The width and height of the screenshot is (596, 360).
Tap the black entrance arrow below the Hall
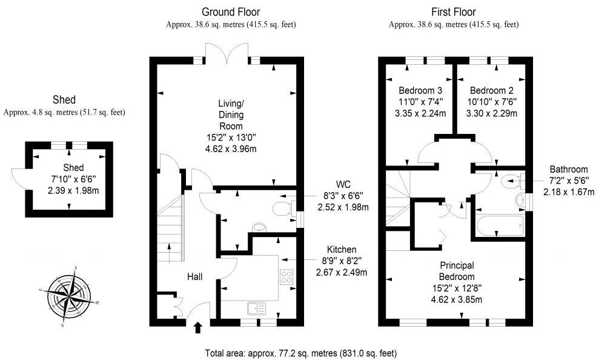tap(197, 328)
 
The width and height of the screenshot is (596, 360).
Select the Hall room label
tap(194, 276)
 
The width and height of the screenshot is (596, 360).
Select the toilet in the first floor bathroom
tap(512, 179)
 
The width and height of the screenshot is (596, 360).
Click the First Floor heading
tap(453, 12)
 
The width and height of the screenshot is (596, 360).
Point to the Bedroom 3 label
tap(417, 90)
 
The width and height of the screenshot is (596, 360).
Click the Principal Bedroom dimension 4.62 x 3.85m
tap(456, 299)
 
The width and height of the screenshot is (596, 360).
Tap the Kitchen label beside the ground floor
tap(342, 250)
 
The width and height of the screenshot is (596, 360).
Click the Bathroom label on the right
tap(569, 169)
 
